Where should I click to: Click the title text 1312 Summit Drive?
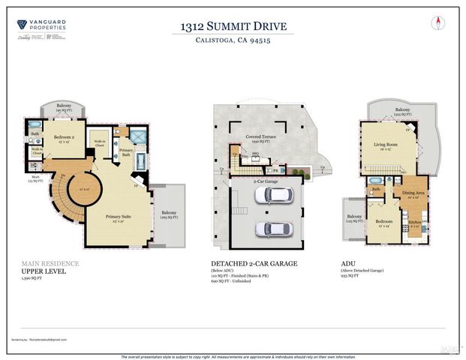(233, 28)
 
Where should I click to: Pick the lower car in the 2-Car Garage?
(270, 229)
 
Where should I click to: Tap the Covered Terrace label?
(263, 139)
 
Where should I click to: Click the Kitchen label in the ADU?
(413, 222)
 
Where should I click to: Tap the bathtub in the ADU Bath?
(374, 181)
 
